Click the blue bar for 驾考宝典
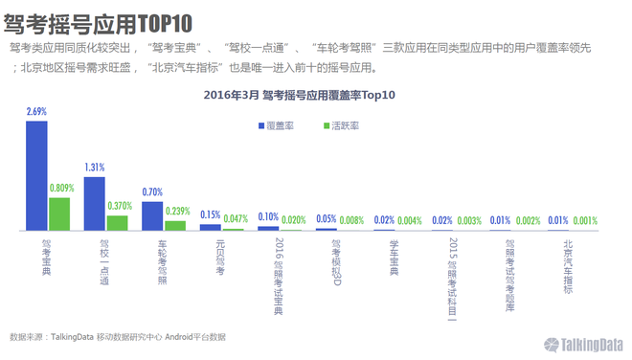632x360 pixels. pyautogui.click(x=36, y=175)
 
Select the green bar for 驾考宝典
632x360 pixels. pyautogui.click(x=59, y=214)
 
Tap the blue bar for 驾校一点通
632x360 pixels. pyautogui.click(x=94, y=203)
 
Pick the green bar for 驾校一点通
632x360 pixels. pyautogui.click(x=117, y=222)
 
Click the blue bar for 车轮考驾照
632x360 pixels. pyautogui.click(x=152, y=215)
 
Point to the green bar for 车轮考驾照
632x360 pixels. pyautogui.click(x=175, y=225)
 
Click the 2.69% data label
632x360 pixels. pyautogui.click(x=36, y=112)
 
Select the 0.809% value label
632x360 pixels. pyautogui.click(x=61, y=189)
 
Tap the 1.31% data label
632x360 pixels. pyautogui.click(x=94, y=168)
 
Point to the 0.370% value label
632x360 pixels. pyautogui.click(x=120, y=206)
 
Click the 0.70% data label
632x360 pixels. pyautogui.click(x=152, y=192)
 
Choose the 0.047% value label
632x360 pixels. pyautogui.click(x=236, y=219)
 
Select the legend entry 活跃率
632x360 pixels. pyautogui.click(x=341, y=125)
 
